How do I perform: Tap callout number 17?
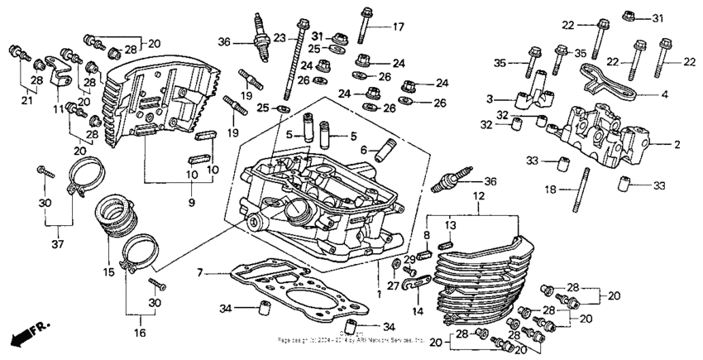[x=398, y=26]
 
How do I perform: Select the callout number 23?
[x=279, y=38]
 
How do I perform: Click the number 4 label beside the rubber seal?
[x=663, y=94]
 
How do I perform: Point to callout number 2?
[x=677, y=144]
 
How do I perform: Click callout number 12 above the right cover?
[x=477, y=195]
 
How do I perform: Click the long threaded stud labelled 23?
[x=291, y=74]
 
